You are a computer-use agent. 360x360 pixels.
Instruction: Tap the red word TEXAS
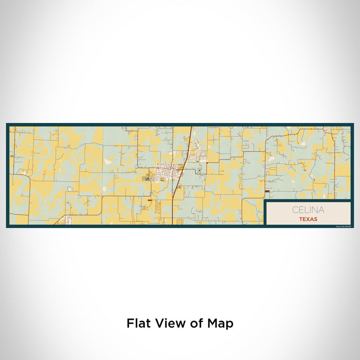tap(308, 219)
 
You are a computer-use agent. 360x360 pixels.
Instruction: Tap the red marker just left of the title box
tap(266, 192)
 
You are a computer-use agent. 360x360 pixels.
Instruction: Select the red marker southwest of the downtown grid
tap(149, 200)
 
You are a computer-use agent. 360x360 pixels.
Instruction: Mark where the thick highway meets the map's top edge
tap(191, 127)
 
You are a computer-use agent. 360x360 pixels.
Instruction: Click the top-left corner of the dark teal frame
tap(7, 124)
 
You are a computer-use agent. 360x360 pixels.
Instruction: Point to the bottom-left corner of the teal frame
tap(7, 227)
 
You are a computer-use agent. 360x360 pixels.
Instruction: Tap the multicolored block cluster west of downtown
tap(148, 178)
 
